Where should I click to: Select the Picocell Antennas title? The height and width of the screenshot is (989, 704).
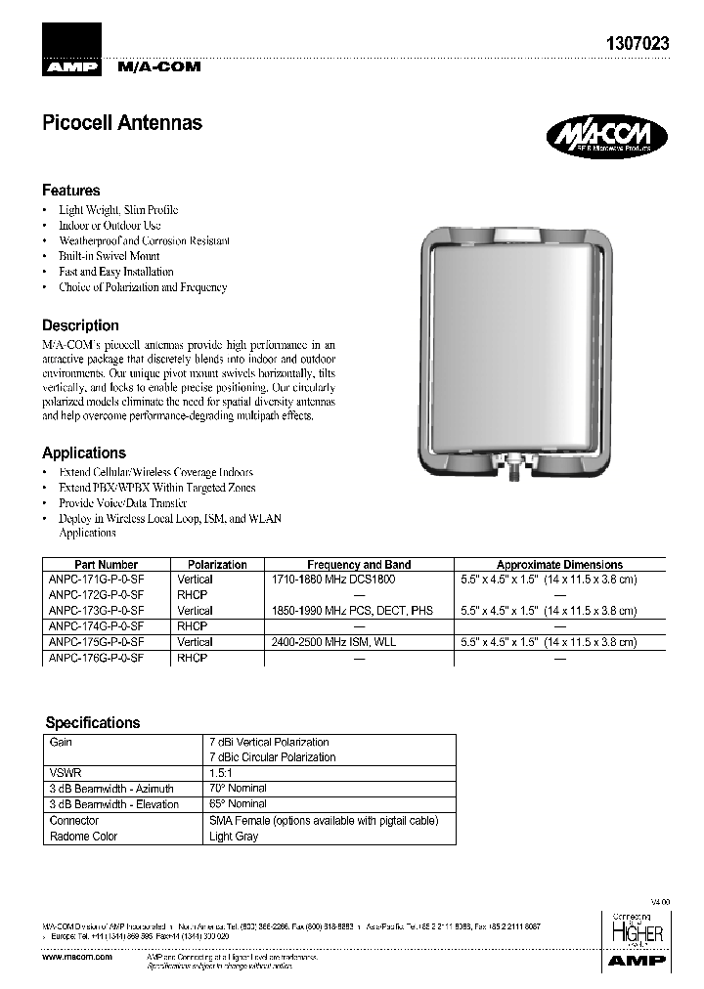pos(122,123)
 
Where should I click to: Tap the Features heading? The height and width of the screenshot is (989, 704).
pos(70,191)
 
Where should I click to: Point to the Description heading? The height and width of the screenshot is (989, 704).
pos(80,325)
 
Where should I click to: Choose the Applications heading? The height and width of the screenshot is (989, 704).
pos(84,452)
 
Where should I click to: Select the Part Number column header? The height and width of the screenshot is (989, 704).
pos(106,565)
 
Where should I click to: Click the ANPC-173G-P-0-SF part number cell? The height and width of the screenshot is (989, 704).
pos(96,611)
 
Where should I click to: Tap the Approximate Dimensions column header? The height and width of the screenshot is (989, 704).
pos(559,565)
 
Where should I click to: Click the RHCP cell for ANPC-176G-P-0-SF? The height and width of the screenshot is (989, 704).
pos(193,659)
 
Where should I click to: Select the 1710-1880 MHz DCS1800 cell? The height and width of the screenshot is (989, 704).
pos(332,580)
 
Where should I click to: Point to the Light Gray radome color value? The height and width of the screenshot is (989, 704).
pos(234,837)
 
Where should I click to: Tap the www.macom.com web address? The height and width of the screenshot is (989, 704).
pos(77,957)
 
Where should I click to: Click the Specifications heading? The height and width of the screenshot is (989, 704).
pos(93,723)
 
